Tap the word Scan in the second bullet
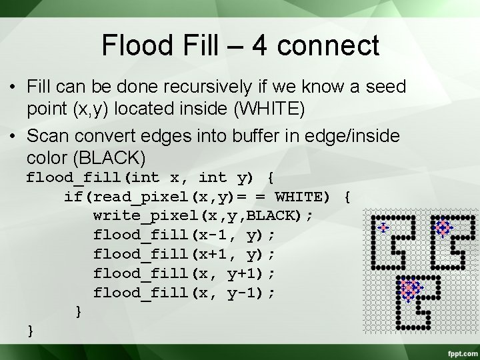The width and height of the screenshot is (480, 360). (49, 137)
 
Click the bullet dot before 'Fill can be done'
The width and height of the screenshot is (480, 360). (12, 87)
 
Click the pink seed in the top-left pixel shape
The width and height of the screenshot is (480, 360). (383, 228)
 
